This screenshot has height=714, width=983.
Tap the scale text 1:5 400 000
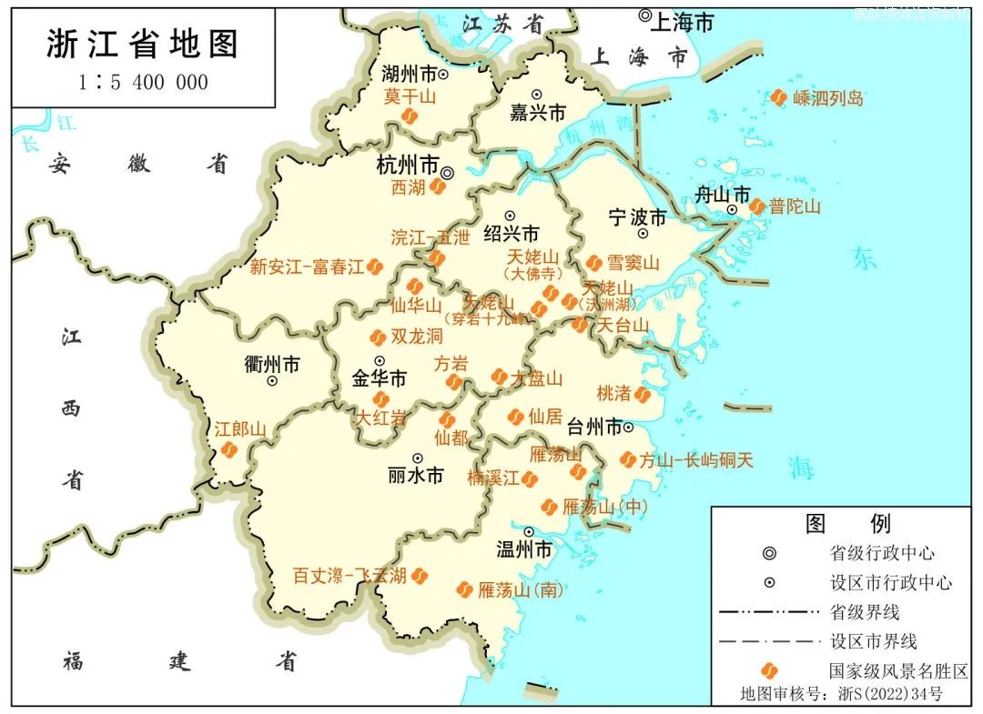[143, 83]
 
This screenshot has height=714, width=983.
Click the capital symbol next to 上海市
[645, 15]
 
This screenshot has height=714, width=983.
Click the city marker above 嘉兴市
[537, 94]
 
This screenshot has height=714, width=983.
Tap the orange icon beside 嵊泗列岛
[779, 97]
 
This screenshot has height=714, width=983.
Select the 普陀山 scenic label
[795, 206]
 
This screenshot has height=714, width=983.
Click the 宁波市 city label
[637, 217]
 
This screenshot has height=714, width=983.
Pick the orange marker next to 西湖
[438, 186]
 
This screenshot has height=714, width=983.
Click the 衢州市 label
[271, 364]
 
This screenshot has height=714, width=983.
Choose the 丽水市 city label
[415, 475]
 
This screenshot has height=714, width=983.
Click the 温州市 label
[523, 549]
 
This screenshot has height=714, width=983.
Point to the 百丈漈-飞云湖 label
[350, 576]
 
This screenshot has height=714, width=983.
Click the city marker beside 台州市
[628, 426]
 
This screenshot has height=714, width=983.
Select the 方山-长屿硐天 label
[696, 460]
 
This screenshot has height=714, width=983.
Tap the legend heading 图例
[847, 523]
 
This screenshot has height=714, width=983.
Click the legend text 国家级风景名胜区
[897, 671]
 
